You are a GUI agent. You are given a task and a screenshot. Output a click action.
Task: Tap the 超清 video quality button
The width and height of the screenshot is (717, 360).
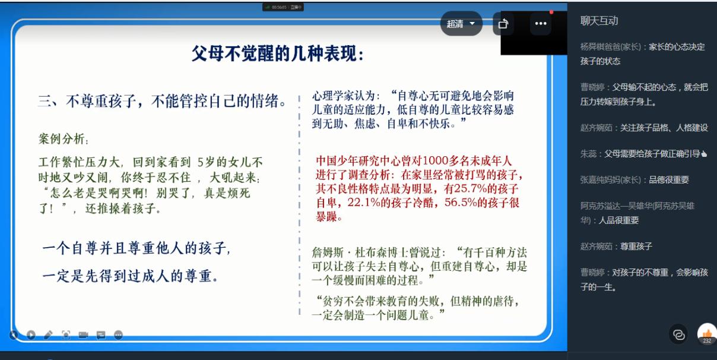[x=461, y=24]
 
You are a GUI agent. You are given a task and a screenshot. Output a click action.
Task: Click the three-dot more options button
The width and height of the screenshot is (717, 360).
[x=541, y=23]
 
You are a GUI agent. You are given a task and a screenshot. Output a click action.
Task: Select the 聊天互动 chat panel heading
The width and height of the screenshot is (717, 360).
[x=599, y=21]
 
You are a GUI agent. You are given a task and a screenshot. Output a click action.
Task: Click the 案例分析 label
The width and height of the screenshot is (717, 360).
[x=62, y=138]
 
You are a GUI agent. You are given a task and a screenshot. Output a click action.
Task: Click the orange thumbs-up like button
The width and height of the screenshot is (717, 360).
[x=707, y=334]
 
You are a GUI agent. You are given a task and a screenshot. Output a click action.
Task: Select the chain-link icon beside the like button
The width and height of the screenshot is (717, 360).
[x=678, y=334]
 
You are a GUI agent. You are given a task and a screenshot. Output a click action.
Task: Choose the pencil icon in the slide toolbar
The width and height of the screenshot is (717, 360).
[x=48, y=335]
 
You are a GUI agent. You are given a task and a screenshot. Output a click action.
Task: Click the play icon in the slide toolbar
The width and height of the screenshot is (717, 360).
[x=31, y=335]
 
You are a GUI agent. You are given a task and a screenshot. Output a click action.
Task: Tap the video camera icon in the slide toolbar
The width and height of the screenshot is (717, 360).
[x=83, y=335]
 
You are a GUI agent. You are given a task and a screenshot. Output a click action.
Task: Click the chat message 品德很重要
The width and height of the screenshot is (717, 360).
[x=669, y=179]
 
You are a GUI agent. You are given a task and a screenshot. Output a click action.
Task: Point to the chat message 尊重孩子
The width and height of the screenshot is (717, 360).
[x=636, y=247]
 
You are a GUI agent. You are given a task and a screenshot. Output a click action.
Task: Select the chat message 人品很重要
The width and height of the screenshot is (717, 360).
[x=618, y=220]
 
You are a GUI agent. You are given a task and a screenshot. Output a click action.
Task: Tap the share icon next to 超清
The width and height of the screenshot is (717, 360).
[x=503, y=24]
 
